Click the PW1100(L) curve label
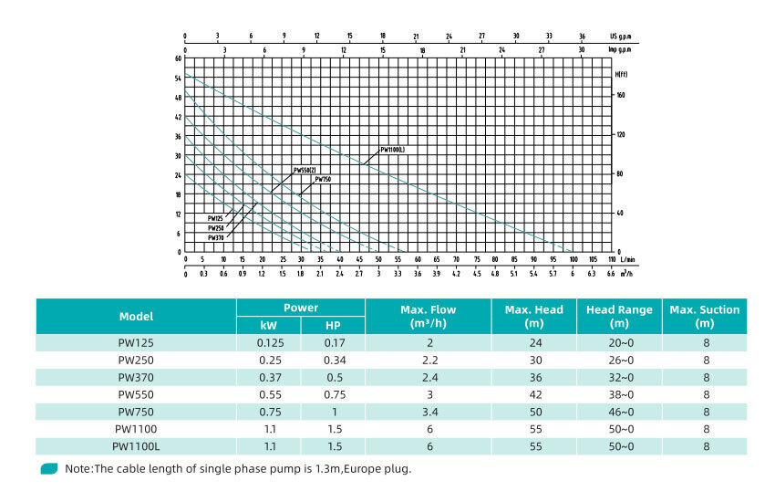click(391, 149)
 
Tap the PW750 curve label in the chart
click(323, 180)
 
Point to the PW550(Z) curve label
click(305, 170)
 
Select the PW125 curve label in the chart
click(215, 218)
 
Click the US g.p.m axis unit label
click(620, 36)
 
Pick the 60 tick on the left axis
click(178, 58)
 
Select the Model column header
click(136, 317)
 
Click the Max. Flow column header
click(428, 317)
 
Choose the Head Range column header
click(620, 317)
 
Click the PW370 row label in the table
click(136, 377)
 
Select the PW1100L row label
click(136, 446)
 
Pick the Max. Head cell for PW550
click(534, 394)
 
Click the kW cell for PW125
click(269, 342)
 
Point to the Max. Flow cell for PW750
click(428, 412)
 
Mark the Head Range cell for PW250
click(620, 360)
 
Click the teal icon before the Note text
click(49, 469)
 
